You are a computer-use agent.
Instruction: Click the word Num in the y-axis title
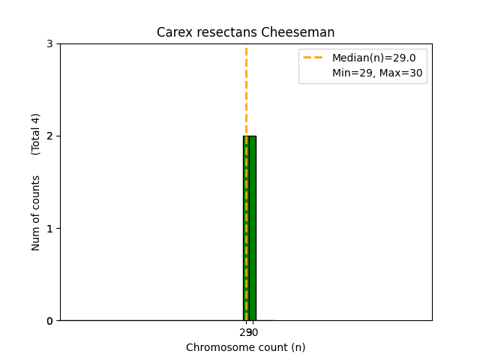36,238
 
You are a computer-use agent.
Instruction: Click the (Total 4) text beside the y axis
36,134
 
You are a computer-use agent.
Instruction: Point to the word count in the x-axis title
269,347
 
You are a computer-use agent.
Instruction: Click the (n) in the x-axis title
298,347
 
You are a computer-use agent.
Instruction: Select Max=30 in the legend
397,73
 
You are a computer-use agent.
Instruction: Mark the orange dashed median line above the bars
246,90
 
